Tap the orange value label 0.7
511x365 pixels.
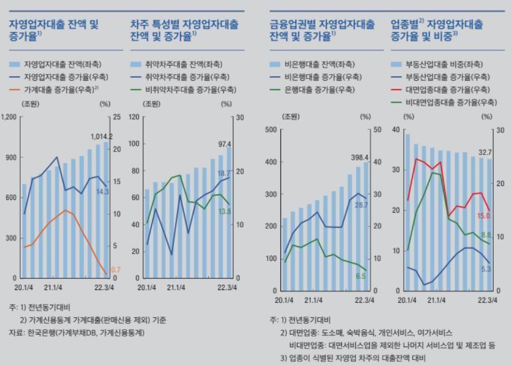(115, 270)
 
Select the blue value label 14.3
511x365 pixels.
(103, 191)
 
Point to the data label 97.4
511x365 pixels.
(225, 144)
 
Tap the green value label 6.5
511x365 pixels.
(361, 276)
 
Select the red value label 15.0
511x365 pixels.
(483, 216)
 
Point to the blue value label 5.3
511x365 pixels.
(485, 269)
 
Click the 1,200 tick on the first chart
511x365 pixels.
(9, 117)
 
